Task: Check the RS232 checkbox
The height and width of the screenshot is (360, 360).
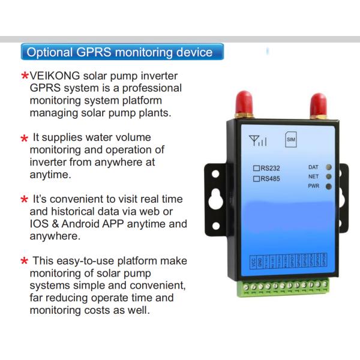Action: point(256,168)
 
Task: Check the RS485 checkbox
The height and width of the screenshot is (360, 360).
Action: point(256,179)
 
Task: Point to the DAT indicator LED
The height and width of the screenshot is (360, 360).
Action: point(329,167)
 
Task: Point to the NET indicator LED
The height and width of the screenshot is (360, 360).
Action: point(329,176)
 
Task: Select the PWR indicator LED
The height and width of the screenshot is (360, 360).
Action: point(329,186)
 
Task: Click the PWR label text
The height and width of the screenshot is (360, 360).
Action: point(313,187)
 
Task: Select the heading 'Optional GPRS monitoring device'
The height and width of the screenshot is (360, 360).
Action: point(120,52)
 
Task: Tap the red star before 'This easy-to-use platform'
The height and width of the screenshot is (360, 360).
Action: point(24,262)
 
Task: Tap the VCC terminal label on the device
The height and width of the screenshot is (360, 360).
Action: point(254,262)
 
